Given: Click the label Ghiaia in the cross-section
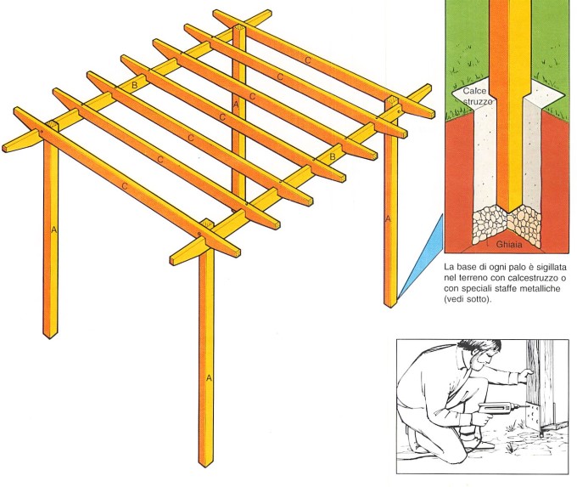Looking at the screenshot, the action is pyautogui.click(x=509, y=244).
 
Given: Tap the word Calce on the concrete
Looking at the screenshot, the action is pyautogui.click(x=474, y=91).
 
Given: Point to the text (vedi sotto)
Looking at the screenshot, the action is pyautogui.click(x=468, y=299).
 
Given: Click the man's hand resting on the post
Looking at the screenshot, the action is pyautogui.click(x=525, y=376).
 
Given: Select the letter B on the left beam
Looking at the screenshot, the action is pyautogui.click(x=135, y=85).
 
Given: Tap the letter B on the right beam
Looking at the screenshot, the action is pyautogui.click(x=333, y=156).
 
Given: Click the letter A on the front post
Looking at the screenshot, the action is pyautogui.click(x=209, y=378).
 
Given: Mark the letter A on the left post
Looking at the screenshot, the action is pyautogui.click(x=54, y=230).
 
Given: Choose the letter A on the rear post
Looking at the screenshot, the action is pyautogui.click(x=236, y=105).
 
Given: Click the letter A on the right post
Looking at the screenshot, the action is pyautogui.click(x=387, y=219).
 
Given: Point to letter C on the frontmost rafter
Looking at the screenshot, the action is pyautogui.click(x=125, y=186).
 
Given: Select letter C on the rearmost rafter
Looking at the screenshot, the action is pyautogui.click(x=308, y=59).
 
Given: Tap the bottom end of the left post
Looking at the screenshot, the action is pyautogui.click(x=49, y=338).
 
